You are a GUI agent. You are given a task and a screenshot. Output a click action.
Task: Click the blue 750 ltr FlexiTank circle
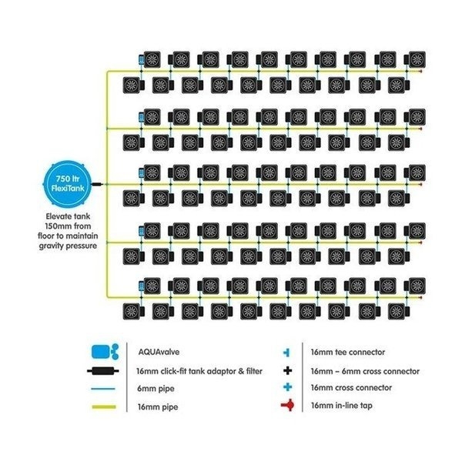point(68,182)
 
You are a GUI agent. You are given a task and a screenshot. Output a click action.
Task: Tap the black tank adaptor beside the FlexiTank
point(97,184)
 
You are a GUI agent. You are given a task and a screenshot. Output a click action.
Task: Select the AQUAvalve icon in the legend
point(105,351)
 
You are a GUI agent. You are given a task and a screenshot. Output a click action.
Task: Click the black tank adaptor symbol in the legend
point(103,370)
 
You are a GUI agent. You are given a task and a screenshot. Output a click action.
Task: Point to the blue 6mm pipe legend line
point(103,389)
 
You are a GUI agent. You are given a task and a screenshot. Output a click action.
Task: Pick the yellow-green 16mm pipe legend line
point(104,407)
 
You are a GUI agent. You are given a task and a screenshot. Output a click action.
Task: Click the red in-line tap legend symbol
point(287,405)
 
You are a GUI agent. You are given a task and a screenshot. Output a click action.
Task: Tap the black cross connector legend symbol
point(287,370)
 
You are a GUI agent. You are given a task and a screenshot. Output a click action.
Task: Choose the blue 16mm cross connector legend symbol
point(287,387)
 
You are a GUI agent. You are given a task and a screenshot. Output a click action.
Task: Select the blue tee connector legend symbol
point(286,352)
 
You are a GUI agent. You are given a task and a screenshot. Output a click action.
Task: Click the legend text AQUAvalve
point(159,352)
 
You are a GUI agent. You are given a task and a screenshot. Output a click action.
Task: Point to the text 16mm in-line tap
point(341,406)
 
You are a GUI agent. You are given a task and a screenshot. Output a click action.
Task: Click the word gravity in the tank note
point(52,246)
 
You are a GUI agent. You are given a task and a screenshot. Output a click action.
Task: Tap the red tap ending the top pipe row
point(420,72)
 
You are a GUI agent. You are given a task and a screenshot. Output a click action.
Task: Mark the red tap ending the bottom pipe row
point(420,297)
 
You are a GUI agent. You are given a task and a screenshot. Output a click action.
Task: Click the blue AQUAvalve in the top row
point(142,60)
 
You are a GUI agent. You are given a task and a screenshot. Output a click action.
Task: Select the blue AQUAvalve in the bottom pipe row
point(142,286)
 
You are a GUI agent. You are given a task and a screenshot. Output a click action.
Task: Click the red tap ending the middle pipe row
point(420,185)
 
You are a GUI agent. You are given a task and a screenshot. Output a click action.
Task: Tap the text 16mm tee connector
point(348,352)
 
